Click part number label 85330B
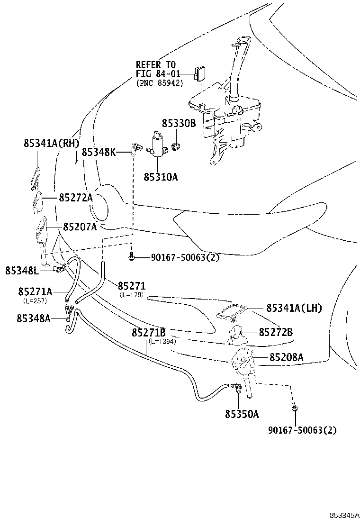pos(179,124)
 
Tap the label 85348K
pos(99,152)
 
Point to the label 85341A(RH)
pos(52,143)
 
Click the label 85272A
pos(76,198)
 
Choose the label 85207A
pos(78,227)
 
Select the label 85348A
pos(34,318)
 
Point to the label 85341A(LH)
pos(294,308)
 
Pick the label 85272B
pos(275,332)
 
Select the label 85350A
pos(242,414)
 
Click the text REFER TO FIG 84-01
pos(156,69)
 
